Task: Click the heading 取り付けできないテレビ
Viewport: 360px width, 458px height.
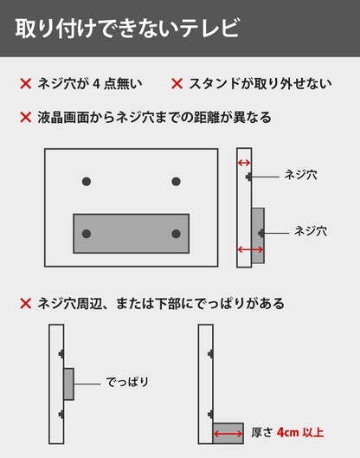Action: point(127,28)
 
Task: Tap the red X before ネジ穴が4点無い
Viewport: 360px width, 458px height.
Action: point(26,84)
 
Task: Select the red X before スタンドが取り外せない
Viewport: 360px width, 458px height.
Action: point(177,84)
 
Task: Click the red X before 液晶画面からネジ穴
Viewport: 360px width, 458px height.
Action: point(26,118)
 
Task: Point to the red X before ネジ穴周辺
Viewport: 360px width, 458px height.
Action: point(26,304)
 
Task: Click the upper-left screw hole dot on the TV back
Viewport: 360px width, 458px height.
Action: point(87,182)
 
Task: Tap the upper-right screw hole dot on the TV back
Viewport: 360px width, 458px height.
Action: point(176,182)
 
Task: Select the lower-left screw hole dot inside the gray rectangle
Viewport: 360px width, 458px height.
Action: point(87,234)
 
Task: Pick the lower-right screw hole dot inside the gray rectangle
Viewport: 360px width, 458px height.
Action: point(176,234)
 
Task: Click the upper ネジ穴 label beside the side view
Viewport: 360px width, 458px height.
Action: point(301,175)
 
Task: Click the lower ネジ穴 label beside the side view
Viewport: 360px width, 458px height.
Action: point(311,231)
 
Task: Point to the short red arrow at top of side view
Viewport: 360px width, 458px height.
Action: point(244,163)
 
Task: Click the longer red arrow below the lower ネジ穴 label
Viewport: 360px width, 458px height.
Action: point(250,249)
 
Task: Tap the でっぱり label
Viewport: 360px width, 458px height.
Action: point(127,382)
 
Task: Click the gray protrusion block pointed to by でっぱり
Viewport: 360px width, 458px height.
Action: point(68,384)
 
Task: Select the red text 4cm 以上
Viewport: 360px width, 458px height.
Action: point(300,433)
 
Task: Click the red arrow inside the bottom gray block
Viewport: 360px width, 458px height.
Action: point(228,434)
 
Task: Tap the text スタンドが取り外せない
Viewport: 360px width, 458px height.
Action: point(260,84)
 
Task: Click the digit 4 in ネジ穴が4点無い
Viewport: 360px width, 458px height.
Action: point(96,84)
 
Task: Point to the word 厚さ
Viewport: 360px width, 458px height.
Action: point(262,433)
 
